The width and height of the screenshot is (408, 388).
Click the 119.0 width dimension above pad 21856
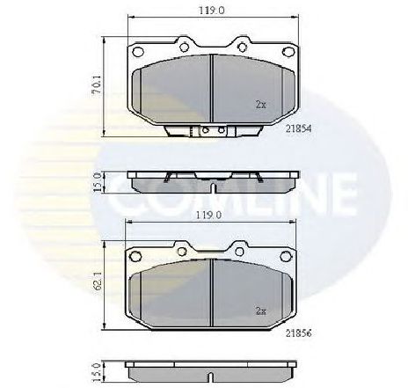pyautogui.click(x=209, y=214)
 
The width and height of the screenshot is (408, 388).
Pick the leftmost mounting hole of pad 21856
pyautogui.click(x=136, y=255)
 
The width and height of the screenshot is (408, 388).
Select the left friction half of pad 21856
pyautogui.click(x=171, y=295)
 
